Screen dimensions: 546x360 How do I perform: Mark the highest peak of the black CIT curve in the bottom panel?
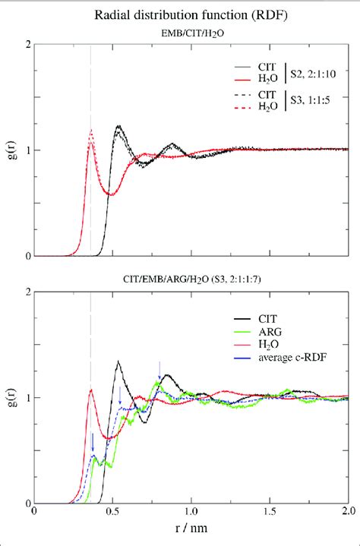pos(118,361)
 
